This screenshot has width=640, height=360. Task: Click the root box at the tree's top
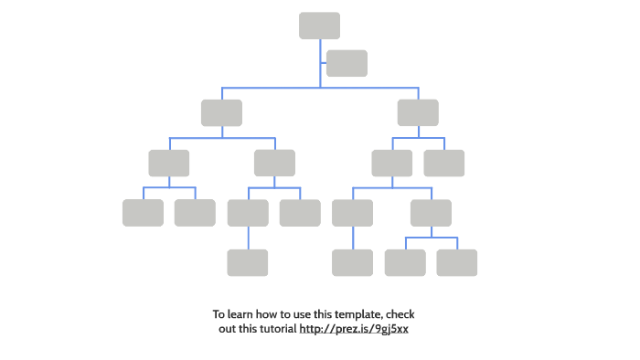tap(319, 26)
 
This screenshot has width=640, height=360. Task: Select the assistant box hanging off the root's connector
tap(347, 63)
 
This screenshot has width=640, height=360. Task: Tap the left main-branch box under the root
tap(221, 112)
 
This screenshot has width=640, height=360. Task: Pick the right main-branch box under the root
tap(418, 112)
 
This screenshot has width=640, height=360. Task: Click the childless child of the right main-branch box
tap(444, 163)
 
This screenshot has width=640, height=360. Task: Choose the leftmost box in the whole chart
tap(143, 212)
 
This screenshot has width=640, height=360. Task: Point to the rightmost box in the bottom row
tap(457, 262)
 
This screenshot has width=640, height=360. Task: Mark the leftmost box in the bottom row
tap(248, 262)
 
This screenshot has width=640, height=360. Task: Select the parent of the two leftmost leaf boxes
tap(169, 163)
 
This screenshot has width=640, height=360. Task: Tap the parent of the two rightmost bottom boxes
tap(431, 212)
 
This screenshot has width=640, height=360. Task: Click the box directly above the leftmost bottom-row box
tap(248, 212)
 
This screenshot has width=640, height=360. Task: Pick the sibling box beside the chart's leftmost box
tap(195, 212)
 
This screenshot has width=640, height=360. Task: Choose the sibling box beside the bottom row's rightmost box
tap(405, 262)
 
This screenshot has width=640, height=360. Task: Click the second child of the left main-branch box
tap(274, 163)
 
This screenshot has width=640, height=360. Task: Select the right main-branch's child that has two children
tap(392, 163)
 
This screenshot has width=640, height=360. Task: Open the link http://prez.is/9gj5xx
tap(354, 328)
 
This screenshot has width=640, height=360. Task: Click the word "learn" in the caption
tap(241, 314)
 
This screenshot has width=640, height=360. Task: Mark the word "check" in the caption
tap(400, 314)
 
